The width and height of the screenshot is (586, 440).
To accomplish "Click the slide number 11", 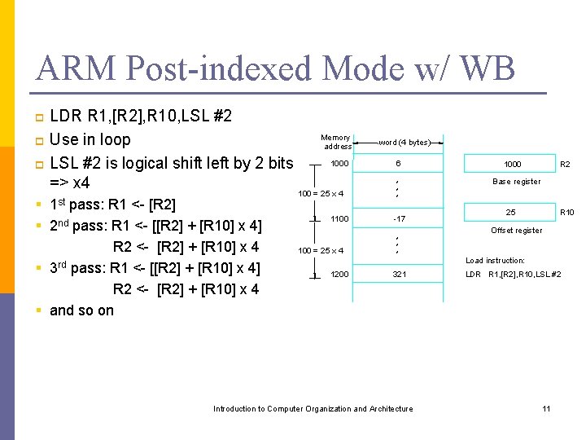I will pos(546,408).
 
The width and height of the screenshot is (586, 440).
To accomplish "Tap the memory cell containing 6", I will pos(398,164).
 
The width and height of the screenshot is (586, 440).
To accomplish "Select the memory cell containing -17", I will pos(399,218).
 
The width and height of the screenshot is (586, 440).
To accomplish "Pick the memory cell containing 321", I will pos(399,275).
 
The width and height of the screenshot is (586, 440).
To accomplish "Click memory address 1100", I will pos(339,218).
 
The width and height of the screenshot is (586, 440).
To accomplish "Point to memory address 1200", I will pos(339,275).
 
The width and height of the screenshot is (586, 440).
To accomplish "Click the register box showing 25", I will pos(511,213).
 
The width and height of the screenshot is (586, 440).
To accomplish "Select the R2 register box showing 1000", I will pos(512,164).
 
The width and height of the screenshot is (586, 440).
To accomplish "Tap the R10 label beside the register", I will pos(566,213).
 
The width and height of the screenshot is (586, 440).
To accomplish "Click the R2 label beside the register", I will pos(566,164).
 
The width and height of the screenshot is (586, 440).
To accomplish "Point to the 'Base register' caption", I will pos(516,182).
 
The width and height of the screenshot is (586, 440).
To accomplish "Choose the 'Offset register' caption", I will pos(516,231).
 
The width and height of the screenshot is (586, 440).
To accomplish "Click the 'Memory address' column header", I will pos(336,143).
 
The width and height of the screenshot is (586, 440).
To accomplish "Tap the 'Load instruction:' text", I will pos(495,261).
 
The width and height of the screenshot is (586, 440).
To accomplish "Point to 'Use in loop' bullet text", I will pos(90,139).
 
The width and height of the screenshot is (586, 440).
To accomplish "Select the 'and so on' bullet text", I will pos(81,310).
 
